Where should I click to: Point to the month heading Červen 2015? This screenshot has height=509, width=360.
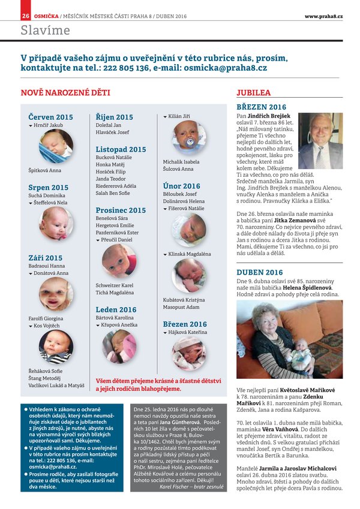(50, 117)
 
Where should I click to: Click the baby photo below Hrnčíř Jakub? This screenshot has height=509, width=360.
(56, 146)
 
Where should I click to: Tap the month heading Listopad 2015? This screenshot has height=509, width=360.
(121, 149)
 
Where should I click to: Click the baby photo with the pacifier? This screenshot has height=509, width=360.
(188, 137)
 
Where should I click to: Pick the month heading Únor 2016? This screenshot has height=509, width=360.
(182, 186)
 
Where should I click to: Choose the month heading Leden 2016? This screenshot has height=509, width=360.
(116, 309)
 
